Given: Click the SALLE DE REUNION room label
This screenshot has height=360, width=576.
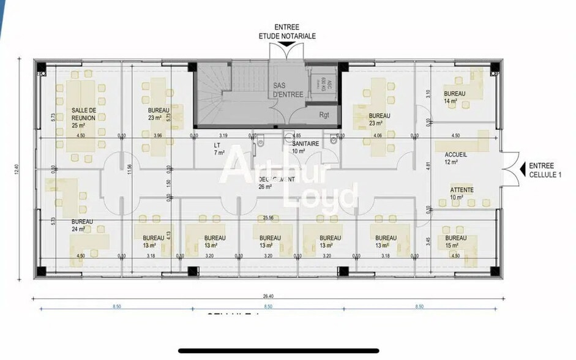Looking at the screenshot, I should pyautogui.click(x=83, y=114).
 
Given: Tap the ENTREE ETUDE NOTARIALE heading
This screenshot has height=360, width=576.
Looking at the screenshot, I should pyautogui.click(x=286, y=32).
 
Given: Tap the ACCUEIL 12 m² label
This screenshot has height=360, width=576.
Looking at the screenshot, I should pyautogui.click(x=455, y=158).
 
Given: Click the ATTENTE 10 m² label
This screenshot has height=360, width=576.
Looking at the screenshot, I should pyautogui.click(x=462, y=193).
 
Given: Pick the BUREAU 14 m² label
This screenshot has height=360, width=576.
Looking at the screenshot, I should pyautogui.click(x=455, y=97).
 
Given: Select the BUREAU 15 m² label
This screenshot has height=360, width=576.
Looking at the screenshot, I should pyautogui.click(x=455, y=241).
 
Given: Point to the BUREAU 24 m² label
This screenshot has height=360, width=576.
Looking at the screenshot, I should pyautogui.click(x=82, y=225).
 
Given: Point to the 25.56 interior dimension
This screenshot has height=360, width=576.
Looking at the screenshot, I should pyautogui.click(x=268, y=217).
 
